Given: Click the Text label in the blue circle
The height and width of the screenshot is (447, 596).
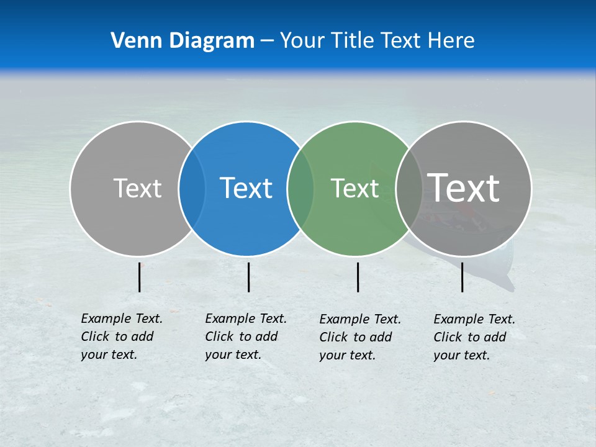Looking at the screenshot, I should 246,188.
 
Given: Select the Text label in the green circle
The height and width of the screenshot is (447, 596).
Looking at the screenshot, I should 354,188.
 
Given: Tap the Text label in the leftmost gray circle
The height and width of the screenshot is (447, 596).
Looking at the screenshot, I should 137,188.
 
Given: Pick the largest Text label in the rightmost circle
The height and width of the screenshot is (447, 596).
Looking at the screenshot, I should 464,187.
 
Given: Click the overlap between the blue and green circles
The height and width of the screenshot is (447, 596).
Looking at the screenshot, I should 300,189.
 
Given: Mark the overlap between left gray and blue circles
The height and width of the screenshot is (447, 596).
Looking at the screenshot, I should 192,189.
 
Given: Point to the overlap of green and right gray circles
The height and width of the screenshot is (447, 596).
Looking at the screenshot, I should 409,189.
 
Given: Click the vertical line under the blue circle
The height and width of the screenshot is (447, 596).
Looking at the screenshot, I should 248,277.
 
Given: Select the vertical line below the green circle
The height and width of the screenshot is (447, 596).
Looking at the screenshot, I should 358,277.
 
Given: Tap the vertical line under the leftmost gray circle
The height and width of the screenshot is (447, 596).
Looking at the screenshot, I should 140,277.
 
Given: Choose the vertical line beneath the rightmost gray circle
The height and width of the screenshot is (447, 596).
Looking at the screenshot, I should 462,277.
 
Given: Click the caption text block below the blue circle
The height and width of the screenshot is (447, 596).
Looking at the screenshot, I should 246,336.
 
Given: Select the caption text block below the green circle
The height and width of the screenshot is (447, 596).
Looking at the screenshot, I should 360,337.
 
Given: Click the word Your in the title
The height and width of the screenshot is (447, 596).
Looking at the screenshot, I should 303,40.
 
